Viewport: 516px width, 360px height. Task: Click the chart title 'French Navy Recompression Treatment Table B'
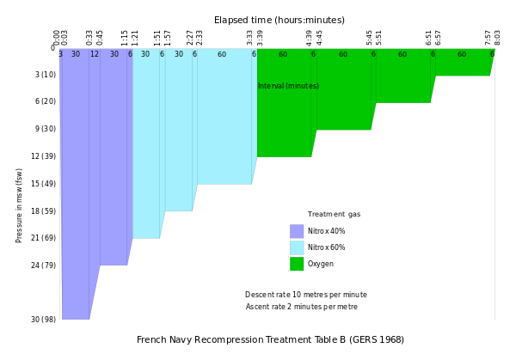(x=270, y=339)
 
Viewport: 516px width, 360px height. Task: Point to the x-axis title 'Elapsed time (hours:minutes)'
(x=279, y=19)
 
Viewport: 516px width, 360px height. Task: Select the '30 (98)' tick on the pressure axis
(x=42, y=320)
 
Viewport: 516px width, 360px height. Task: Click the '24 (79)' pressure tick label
(x=42, y=265)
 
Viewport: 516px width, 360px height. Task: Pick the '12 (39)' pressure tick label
(x=42, y=156)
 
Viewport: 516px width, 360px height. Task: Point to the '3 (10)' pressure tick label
(x=45, y=75)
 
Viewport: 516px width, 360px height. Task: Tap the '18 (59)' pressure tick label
(x=42, y=211)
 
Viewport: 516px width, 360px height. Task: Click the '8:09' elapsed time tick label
(x=497, y=38)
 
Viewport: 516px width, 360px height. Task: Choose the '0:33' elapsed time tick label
(x=89, y=38)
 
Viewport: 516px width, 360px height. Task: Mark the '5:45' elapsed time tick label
(x=371, y=38)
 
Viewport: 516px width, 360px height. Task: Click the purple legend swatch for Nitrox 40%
(x=297, y=231)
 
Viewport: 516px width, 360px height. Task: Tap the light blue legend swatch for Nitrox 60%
(x=297, y=247)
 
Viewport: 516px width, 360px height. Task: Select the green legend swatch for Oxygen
(x=297, y=264)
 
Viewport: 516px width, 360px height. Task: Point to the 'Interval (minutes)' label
(x=288, y=86)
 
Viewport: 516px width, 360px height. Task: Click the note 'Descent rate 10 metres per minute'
(x=305, y=295)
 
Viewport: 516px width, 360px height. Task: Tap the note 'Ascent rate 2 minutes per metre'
(x=302, y=307)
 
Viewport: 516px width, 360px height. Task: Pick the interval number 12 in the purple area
(x=95, y=54)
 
